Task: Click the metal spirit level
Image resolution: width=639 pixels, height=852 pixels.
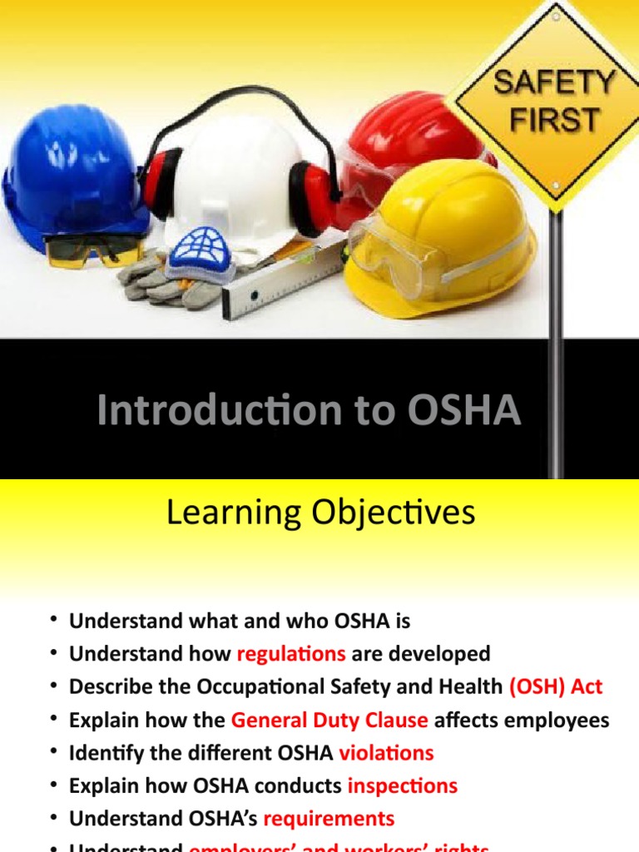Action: (x=283, y=283)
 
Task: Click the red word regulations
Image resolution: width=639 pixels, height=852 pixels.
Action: (x=291, y=654)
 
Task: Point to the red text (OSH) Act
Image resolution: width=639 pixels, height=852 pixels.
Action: (x=556, y=687)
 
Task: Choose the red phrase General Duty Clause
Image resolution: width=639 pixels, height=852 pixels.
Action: (x=329, y=721)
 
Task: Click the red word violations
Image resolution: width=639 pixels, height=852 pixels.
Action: (x=386, y=754)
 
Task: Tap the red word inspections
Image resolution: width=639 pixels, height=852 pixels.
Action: (x=403, y=786)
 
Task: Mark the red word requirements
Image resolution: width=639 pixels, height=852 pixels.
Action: (x=329, y=820)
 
